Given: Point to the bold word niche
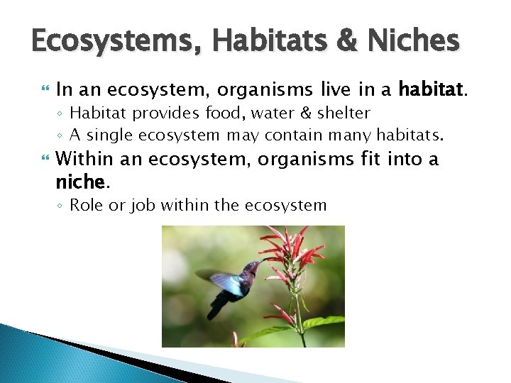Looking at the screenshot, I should coord(80,182).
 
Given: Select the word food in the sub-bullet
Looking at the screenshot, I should coord(199,113).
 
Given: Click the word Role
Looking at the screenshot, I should coord(87,206).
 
